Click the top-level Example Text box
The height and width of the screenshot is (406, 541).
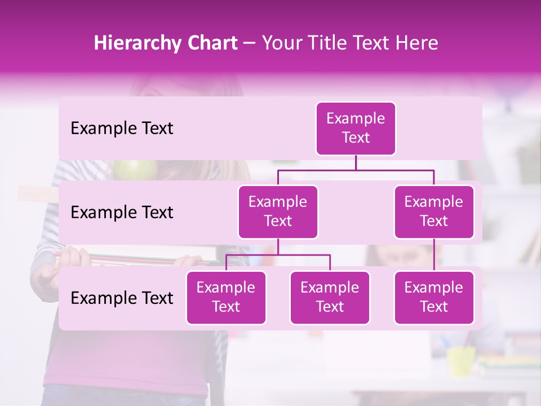pos(356,129)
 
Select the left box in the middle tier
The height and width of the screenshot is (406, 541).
pos(278,212)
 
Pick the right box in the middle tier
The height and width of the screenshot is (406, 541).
pos(434,212)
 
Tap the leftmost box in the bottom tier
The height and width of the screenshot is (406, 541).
pos(226,298)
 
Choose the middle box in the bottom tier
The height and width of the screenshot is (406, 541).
pos(330,298)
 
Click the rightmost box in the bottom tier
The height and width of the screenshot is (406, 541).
pos(434,298)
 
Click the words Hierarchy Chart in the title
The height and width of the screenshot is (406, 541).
pos(166,43)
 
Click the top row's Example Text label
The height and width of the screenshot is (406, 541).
pos(122,129)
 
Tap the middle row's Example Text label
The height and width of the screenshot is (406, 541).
pos(122,213)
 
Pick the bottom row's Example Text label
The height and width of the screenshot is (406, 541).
pos(122,298)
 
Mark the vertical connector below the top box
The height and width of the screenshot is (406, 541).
pos(356,162)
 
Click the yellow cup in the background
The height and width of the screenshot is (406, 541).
pos(461,361)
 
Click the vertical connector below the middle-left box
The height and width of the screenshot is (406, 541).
pos(278,246)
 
